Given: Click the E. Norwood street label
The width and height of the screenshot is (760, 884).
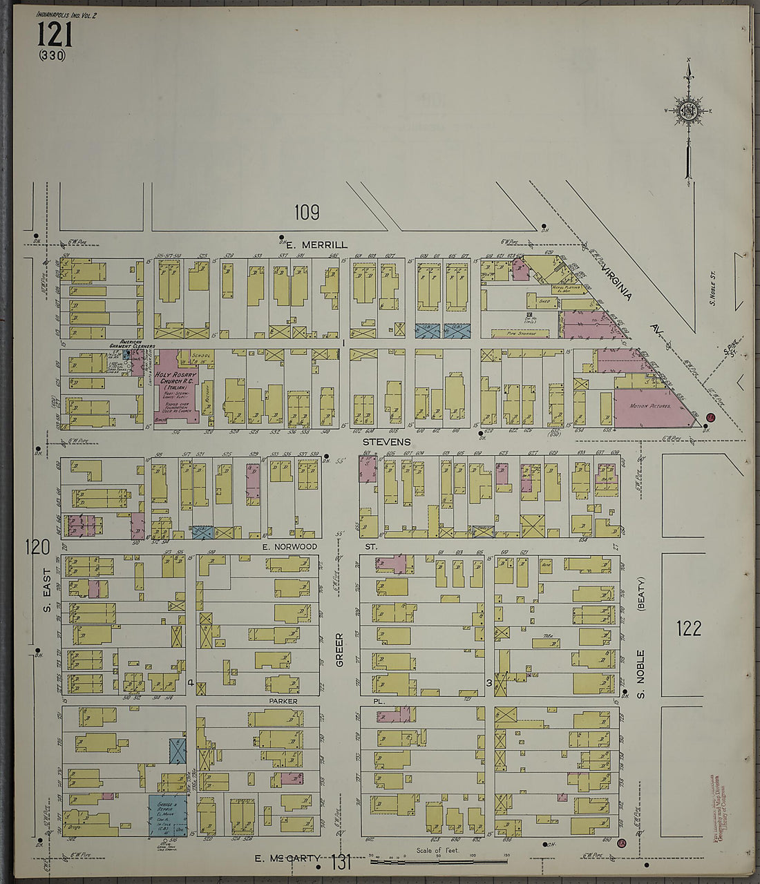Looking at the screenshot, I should click(289, 546).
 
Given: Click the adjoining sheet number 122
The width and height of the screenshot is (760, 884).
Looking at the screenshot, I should click(689, 628).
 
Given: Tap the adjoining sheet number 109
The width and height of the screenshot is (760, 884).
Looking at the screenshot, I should click(306, 213).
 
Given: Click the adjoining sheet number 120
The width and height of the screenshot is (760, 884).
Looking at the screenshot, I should click(37, 548).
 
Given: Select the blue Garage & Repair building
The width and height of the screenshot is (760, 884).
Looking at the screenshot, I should click(168, 815).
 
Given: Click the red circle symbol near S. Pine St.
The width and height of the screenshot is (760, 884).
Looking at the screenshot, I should click(710, 417).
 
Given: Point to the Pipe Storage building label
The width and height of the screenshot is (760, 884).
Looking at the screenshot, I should click(520, 333).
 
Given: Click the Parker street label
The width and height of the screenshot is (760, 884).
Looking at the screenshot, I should click(283, 701).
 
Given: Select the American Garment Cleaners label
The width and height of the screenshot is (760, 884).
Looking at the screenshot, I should click(136, 344).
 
